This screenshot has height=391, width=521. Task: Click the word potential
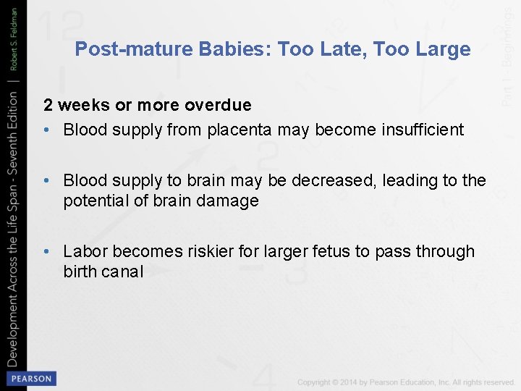[93, 201]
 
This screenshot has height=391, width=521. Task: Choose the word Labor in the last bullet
[83, 251]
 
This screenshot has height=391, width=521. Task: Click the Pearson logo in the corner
[30, 379]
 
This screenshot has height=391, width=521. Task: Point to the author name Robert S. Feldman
[14, 37]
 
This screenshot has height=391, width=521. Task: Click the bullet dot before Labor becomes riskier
[46, 251]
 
